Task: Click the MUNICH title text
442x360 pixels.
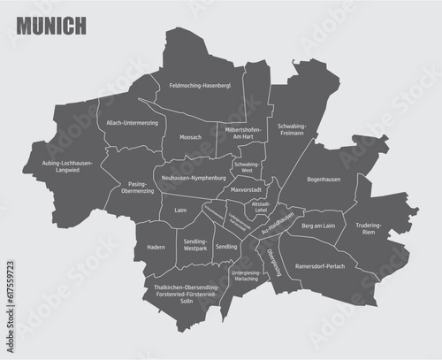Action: click(51, 26)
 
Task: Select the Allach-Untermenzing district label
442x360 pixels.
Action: click(132, 123)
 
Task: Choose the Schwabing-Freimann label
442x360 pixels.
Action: click(292, 130)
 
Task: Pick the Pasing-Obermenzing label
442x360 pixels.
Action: click(131, 188)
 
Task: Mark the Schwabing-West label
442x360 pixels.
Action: click(248, 167)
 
